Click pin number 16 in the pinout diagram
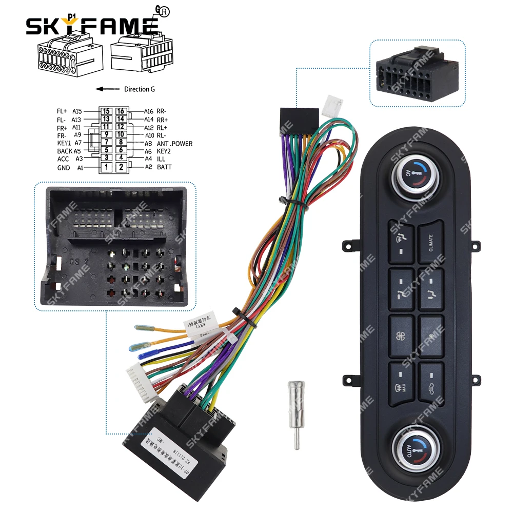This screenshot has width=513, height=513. click(121, 111)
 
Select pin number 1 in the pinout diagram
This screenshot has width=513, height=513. click(106, 167)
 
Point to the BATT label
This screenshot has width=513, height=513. click(164, 167)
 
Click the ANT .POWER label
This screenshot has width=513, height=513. click(175, 144)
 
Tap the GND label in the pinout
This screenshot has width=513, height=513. click(63, 168)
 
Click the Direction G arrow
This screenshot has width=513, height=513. click(107, 89)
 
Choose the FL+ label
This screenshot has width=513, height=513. click(62, 111)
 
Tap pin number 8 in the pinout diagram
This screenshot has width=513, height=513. click(121, 143)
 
